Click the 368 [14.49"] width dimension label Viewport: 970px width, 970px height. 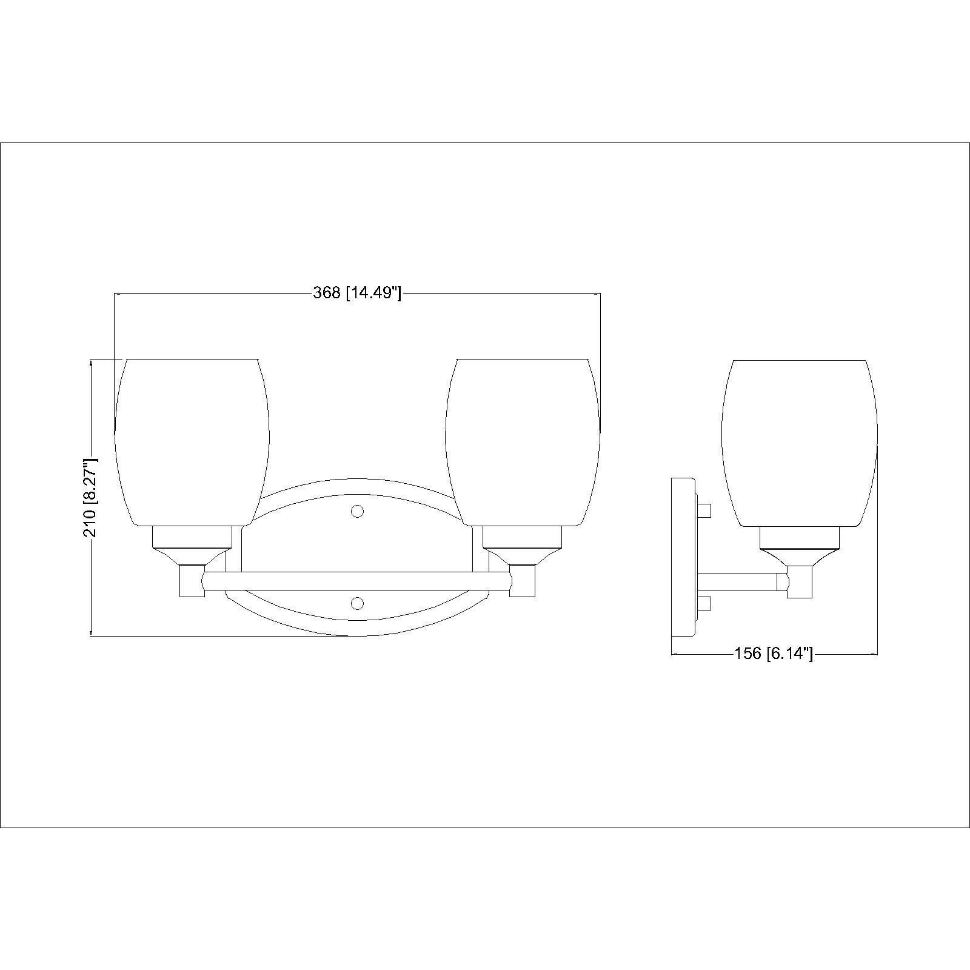pos(357,293)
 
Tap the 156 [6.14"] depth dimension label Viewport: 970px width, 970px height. pos(774,654)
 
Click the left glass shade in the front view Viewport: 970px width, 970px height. pos(192,440)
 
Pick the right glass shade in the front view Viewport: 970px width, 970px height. pos(523,440)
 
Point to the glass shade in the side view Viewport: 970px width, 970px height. pos(799,440)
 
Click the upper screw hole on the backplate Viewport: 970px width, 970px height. pos(358,512)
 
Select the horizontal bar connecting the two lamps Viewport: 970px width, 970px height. pos(358,581)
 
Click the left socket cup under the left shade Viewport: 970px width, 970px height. pos(192,537)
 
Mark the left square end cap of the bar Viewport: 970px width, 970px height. pos(192,581)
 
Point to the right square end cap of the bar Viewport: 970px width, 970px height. pos(523,581)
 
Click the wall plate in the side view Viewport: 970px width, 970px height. pos(683,557)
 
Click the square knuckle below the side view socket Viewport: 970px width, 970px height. pos(800,581)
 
